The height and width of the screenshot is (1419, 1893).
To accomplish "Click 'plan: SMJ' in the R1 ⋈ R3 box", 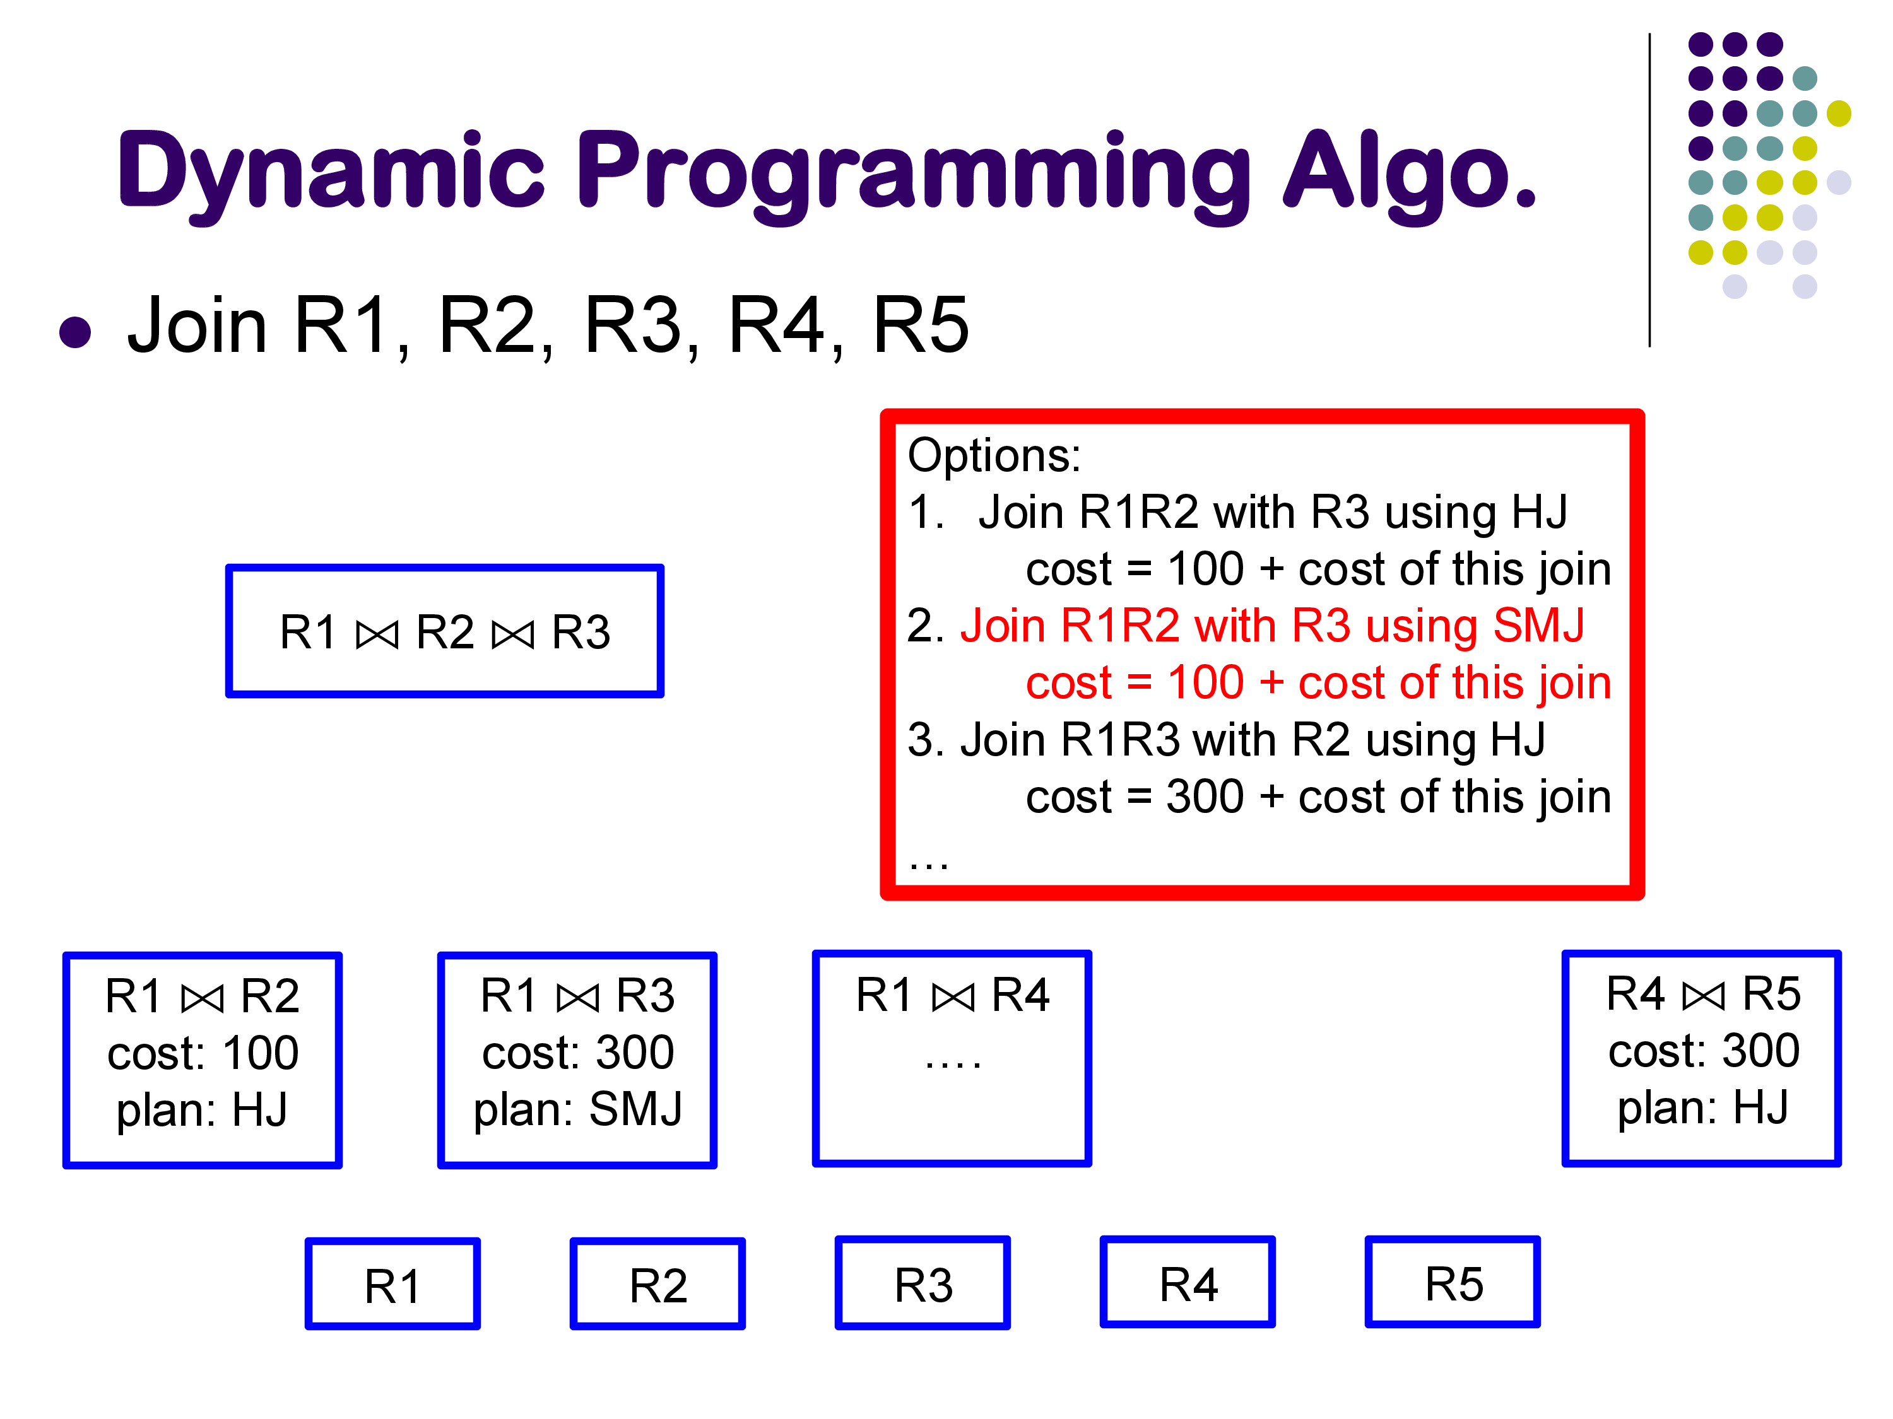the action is (x=577, y=1109).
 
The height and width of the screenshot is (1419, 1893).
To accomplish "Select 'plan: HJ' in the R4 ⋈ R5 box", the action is (x=1703, y=1107).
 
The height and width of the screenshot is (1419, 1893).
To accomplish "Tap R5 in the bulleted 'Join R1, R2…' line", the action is (x=921, y=325).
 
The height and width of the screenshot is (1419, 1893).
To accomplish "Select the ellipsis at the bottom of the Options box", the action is (x=929, y=866).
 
